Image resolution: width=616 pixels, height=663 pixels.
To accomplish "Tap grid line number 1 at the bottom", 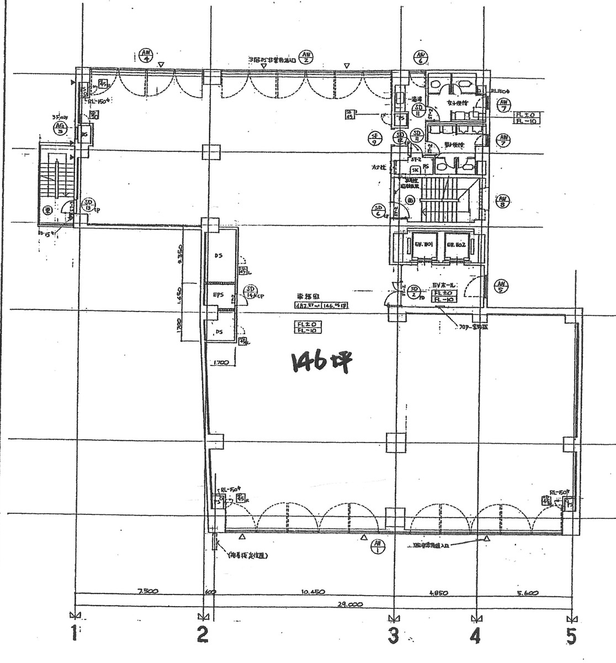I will [x=73, y=634].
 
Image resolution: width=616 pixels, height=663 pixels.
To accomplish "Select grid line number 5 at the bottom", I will [x=571, y=636].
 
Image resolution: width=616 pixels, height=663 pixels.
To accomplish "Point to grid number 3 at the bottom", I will [x=392, y=636].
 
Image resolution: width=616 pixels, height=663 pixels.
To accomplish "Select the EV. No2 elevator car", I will [x=456, y=244].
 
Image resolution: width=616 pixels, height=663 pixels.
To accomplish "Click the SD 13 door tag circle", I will [x=88, y=206].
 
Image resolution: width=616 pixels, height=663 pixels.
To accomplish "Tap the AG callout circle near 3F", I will [x=59, y=129].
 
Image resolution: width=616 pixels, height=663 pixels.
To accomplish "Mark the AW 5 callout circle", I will [x=502, y=286].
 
